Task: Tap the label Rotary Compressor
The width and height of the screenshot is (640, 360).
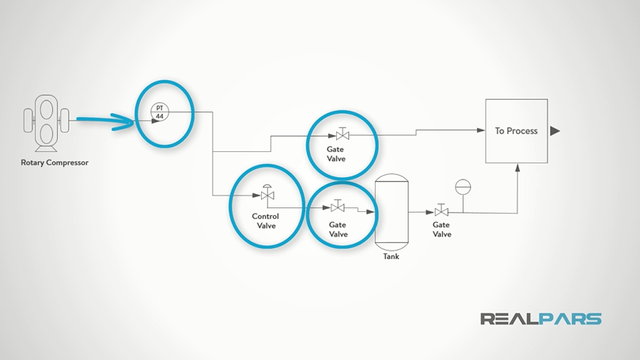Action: tap(55, 164)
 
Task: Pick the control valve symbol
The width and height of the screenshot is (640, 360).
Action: tap(266, 194)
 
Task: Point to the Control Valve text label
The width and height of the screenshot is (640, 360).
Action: tap(266, 221)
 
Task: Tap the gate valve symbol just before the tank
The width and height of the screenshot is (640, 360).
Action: tap(338, 207)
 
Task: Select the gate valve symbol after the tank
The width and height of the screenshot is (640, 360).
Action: tap(441, 211)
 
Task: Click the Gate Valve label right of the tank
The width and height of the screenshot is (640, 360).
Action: tap(441, 229)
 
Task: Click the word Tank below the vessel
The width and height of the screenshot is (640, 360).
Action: tap(392, 256)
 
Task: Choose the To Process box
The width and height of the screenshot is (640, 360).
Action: tap(516, 131)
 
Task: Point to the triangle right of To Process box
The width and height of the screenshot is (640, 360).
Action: tap(555, 131)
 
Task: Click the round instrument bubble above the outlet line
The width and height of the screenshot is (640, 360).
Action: tap(462, 188)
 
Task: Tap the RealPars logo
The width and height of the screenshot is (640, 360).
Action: tap(540, 319)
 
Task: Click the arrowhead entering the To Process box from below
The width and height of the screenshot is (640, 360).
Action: tap(517, 168)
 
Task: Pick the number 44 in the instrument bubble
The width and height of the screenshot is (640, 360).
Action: tap(159, 116)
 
